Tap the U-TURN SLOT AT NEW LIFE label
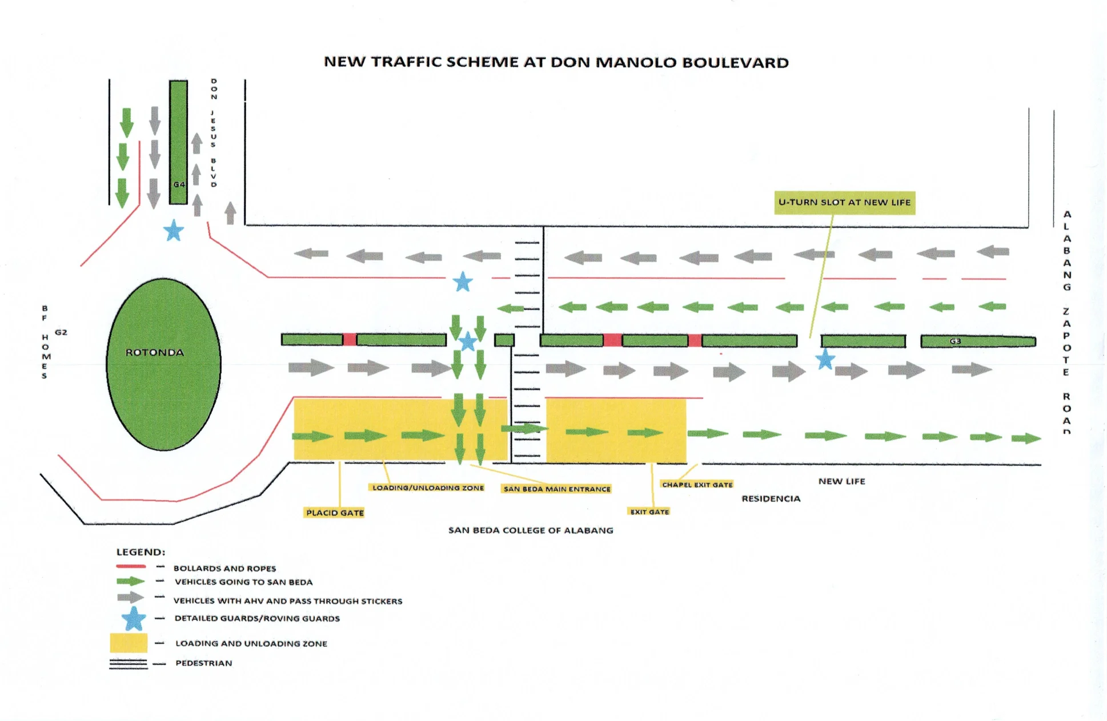[844, 203]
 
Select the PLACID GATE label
[335, 513]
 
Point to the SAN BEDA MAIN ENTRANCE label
[557, 489]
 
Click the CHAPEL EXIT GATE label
[697, 485]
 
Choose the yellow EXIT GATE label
[649, 511]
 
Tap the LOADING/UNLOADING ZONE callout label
[428, 488]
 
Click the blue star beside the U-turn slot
[825, 360]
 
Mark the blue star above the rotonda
[174, 231]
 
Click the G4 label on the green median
[179, 184]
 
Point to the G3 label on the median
[955, 341]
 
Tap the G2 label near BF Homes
[61, 332]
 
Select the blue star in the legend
[134, 619]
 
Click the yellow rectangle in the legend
[129, 643]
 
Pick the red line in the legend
[131, 566]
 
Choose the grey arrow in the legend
[130, 598]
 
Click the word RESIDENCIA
[771, 499]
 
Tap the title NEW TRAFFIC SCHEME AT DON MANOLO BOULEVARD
[556, 62]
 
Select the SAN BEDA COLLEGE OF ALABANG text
[531, 530]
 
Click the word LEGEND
[141, 552]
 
